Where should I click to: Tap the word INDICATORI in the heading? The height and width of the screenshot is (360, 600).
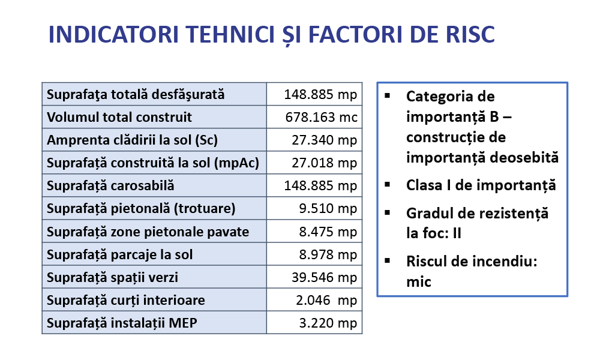click(x=113, y=34)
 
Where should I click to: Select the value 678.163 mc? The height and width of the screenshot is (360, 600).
click(x=321, y=117)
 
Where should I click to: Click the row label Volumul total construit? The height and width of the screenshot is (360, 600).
click(x=119, y=117)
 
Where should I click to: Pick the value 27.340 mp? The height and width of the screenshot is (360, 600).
click(x=325, y=140)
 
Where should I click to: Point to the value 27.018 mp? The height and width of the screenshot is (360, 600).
click(x=325, y=163)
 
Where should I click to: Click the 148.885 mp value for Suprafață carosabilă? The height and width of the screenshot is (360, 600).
click(x=320, y=185)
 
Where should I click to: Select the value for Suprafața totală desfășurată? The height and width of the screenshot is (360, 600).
click(x=320, y=94)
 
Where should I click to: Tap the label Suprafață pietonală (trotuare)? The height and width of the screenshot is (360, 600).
click(x=141, y=209)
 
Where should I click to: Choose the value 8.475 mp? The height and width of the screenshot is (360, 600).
click(x=328, y=232)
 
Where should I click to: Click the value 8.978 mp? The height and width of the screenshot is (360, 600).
click(x=328, y=254)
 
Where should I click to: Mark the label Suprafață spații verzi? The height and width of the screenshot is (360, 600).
click(x=112, y=277)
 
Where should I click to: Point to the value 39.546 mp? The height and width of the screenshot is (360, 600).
click(x=325, y=277)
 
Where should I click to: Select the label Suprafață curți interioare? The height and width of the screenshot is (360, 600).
click(x=125, y=301)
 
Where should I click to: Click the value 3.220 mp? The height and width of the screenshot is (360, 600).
click(x=328, y=323)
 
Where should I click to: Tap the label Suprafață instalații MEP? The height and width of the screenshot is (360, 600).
click(x=122, y=323)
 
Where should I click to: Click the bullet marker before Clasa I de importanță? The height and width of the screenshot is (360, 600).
click(x=388, y=184)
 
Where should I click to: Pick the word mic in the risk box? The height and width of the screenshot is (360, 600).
click(x=419, y=282)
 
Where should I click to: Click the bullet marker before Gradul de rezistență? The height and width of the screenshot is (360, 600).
click(x=388, y=212)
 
